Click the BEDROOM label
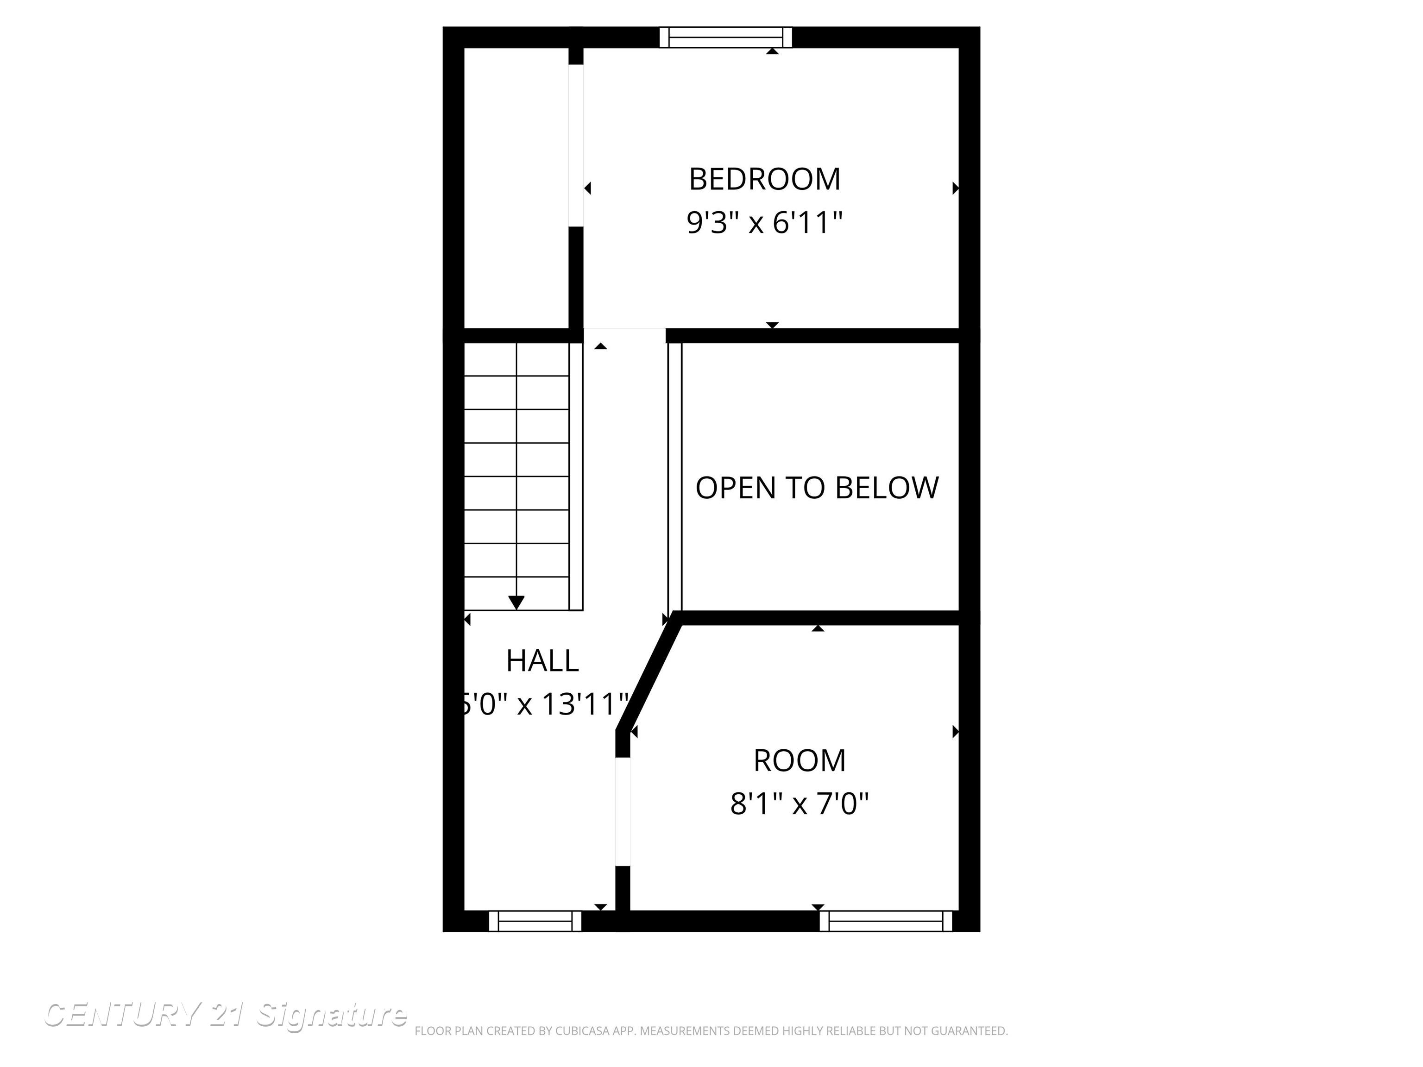tap(764, 179)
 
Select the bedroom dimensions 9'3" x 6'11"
tap(764, 223)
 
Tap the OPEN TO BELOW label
tap(817, 488)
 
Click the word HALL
tap(542, 661)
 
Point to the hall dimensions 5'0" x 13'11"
tap(544, 705)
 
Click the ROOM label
tap(799, 761)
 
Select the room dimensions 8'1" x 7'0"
tap(799, 804)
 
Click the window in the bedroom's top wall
tap(726, 38)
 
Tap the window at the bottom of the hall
tap(535, 922)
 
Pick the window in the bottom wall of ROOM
tap(886, 922)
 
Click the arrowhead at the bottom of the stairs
tap(516, 603)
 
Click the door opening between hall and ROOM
tap(623, 812)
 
